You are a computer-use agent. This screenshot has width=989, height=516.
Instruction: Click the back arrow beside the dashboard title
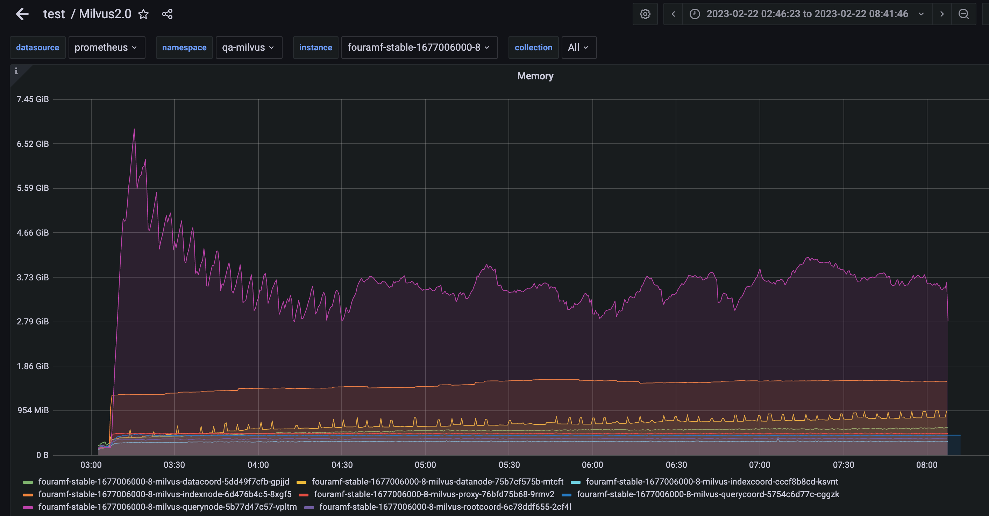[x=22, y=14]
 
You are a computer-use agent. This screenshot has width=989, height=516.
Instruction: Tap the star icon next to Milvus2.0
[x=143, y=14]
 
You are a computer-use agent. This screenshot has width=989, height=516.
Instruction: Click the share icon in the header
[x=167, y=14]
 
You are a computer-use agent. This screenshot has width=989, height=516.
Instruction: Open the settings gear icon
[x=645, y=14]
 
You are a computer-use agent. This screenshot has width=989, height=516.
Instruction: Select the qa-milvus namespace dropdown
[x=248, y=48]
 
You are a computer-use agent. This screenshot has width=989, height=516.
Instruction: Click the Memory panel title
[x=535, y=76]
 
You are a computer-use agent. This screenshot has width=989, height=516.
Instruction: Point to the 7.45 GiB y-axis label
[x=33, y=99]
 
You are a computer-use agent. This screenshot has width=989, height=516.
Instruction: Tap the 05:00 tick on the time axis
[x=425, y=465]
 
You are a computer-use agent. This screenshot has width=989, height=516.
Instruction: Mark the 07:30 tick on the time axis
[x=843, y=465]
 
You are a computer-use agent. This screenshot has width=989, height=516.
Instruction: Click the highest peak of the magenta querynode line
[x=134, y=130]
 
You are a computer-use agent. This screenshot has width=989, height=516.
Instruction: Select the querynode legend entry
[x=168, y=507]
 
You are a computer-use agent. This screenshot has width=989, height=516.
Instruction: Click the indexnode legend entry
[x=165, y=494]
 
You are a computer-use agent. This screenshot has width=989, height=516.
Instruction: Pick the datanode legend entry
[x=437, y=481]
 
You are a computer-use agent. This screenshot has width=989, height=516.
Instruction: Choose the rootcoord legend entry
[x=445, y=507]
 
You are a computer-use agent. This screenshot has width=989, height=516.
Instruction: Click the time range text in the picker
[x=807, y=14]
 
